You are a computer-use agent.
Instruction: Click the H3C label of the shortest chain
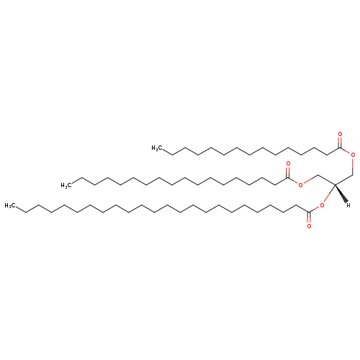point(156,148)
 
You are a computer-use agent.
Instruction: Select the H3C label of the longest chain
point(9,205)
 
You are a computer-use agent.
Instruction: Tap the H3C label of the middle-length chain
point(66,185)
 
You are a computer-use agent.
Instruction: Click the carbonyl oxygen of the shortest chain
point(340,134)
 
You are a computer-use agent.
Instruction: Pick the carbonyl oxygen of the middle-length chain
point(288,164)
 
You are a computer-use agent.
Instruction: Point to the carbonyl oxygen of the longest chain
point(309,226)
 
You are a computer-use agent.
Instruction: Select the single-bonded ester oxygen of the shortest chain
point(353,155)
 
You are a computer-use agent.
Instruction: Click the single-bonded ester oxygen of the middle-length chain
point(300,185)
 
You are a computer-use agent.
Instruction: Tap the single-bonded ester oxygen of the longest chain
point(322,205)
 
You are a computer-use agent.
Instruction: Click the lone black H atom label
point(348,205)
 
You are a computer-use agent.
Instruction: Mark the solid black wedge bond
point(341,194)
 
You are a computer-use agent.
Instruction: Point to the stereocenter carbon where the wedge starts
point(335,184)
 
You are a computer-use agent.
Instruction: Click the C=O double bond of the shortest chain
point(340,143)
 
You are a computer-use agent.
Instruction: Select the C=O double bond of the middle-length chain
point(288,172)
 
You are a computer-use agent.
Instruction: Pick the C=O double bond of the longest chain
point(309,217)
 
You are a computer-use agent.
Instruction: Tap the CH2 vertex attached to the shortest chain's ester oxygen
point(353,174)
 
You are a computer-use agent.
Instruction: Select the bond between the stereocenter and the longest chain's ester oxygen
point(329,194)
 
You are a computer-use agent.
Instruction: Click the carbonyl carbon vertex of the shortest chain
point(340,148)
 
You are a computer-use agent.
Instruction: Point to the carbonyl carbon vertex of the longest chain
point(309,212)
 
